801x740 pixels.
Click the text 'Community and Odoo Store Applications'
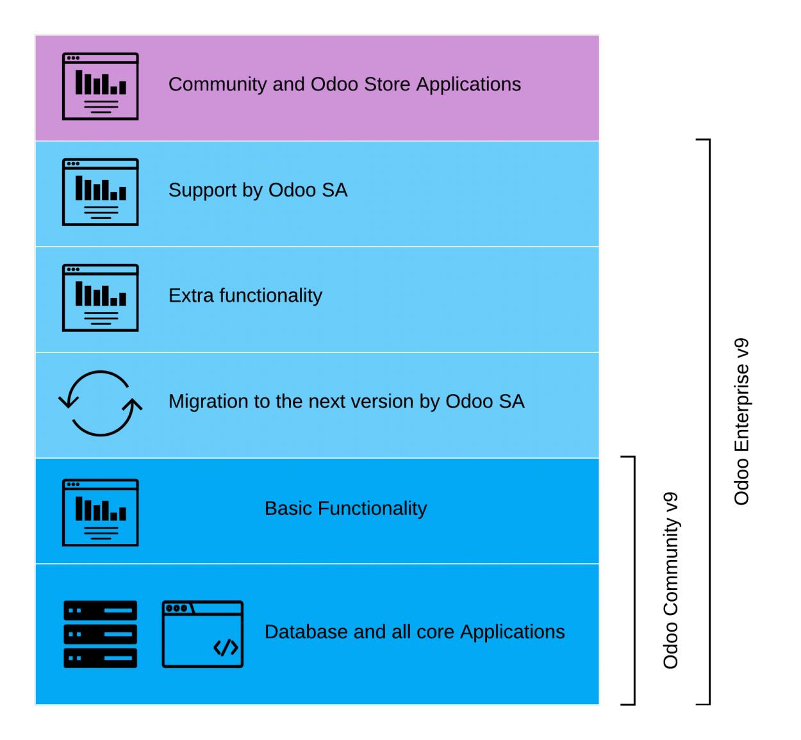pos(344,85)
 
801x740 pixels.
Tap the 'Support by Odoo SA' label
pos(258,190)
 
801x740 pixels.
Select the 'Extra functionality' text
pos(245,296)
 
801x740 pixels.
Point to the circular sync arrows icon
pos(101,404)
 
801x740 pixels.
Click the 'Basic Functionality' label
pos(345,509)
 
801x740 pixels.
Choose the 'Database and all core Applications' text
pos(415,632)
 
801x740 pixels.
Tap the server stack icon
pos(101,634)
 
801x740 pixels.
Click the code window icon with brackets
pos(202,634)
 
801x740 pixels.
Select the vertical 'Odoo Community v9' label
pos(670,580)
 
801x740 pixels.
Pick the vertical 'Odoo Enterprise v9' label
pos(741,422)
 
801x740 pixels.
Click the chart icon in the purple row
pos(101,86)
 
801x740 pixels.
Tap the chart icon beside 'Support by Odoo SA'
pos(101,192)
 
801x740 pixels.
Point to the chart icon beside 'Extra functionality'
pos(101,298)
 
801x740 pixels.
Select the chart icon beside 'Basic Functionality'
pos(101,513)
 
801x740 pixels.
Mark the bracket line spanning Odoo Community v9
pos(634,580)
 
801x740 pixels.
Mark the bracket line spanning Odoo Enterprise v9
pos(709,422)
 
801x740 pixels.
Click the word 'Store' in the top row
pos(387,85)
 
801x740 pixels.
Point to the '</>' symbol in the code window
pos(226,648)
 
